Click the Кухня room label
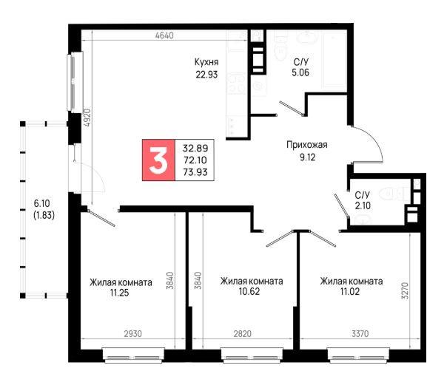point(206,62)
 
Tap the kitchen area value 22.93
point(206,75)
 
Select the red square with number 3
point(159,160)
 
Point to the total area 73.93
point(195,172)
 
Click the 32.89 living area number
point(195,148)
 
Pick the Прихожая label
point(307,145)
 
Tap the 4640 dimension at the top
point(164,35)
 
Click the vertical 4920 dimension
point(87,118)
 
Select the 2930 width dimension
point(133,333)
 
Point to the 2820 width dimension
point(243,333)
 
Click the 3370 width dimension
point(360,333)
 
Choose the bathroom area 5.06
point(300,72)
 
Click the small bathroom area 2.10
point(363,205)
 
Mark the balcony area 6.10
point(42,203)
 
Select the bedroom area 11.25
point(120,293)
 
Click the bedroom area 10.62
point(249,292)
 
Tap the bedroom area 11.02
point(350,292)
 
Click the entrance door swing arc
point(374,138)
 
